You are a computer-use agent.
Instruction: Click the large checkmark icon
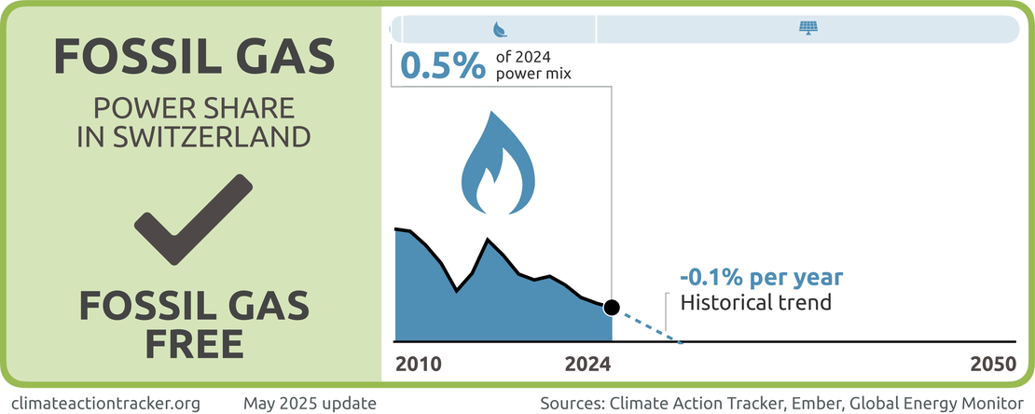(194, 221)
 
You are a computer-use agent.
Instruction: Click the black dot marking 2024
(612, 307)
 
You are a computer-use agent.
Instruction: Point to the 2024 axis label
(587, 365)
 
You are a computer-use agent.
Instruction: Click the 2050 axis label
(992, 365)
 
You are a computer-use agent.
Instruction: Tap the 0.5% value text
(442, 67)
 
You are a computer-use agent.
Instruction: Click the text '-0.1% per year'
(761, 277)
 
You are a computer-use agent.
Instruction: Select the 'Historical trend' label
(755, 302)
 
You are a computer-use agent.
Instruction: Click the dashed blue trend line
(648, 325)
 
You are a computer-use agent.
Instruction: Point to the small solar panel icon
(807, 29)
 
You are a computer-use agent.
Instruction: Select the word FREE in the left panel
(194, 343)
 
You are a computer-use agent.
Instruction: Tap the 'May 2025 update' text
(310, 403)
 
